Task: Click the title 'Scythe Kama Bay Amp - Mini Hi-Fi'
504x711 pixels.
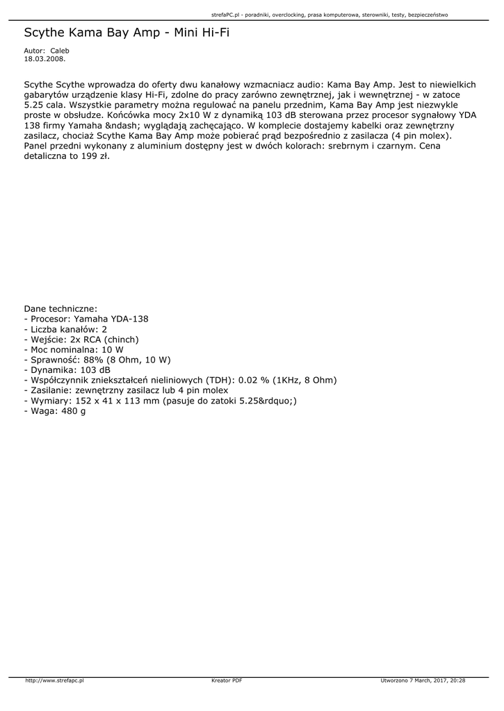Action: click(127, 32)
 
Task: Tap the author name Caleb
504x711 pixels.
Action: click(60, 51)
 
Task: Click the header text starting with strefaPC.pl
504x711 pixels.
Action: click(329, 14)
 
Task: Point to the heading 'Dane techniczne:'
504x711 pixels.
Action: click(60, 308)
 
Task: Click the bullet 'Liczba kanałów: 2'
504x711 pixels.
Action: click(65, 329)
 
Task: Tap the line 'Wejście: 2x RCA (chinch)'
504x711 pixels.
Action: click(81, 340)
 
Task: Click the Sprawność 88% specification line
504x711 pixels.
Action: click(97, 360)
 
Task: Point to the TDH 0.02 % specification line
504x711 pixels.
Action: click(180, 380)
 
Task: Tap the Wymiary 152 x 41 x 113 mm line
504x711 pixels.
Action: click(161, 401)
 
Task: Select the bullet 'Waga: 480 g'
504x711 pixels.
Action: click(55, 411)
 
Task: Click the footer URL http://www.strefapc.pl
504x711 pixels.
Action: click(54, 680)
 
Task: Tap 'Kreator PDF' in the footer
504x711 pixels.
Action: click(227, 680)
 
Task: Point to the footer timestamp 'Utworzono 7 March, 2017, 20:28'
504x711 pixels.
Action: click(423, 680)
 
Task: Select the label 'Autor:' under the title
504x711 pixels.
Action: click(34, 51)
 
